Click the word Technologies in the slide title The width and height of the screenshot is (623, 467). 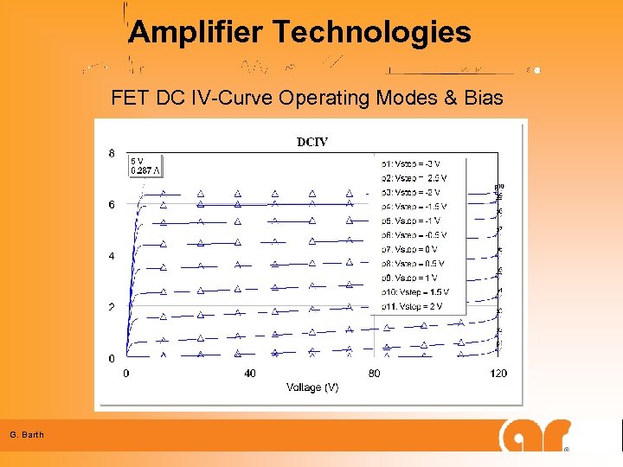372,33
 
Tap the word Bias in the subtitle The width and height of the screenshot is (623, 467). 483,98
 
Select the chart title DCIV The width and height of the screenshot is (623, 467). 312,142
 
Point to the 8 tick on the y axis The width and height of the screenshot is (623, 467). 112,153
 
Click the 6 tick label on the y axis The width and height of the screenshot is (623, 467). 112,205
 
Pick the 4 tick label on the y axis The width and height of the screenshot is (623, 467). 112,256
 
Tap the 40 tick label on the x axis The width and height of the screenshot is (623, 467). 250,374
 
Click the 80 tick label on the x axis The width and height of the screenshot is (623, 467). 374,374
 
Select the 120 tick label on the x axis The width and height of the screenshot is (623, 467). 498,374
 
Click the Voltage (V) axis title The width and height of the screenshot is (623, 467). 312,387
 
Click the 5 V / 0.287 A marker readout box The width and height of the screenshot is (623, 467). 145,165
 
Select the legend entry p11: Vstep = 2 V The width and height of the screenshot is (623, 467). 412,306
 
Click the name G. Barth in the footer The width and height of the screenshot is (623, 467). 27,434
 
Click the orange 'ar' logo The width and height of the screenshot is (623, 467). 535,435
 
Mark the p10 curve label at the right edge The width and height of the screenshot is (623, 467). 499,186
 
